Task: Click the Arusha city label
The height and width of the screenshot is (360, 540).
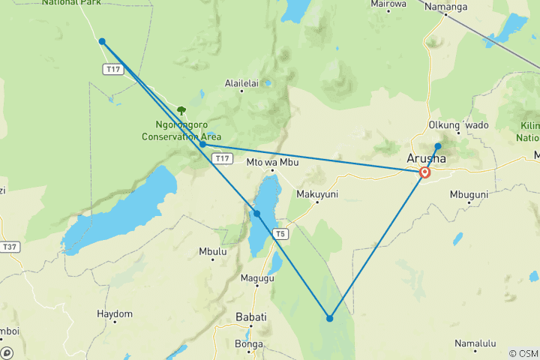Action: (x=426, y=158)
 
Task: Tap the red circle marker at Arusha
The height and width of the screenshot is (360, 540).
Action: (x=425, y=172)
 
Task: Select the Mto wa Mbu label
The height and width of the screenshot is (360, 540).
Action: (x=268, y=160)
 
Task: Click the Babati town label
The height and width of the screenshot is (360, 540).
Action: (x=250, y=317)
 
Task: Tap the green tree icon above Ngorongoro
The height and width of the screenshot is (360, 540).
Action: (x=181, y=110)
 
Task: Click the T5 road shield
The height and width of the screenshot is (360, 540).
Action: (x=280, y=234)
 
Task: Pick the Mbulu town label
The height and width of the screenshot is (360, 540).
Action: (x=213, y=252)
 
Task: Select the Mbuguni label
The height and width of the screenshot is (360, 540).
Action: (x=469, y=194)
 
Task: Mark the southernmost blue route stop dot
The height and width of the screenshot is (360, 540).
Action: (x=329, y=319)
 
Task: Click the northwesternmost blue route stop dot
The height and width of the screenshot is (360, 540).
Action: (x=102, y=42)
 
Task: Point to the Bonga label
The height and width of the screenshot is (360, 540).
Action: (x=248, y=344)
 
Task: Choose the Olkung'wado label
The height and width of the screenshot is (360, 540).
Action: (x=457, y=124)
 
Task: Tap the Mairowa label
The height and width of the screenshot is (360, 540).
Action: (x=388, y=4)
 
